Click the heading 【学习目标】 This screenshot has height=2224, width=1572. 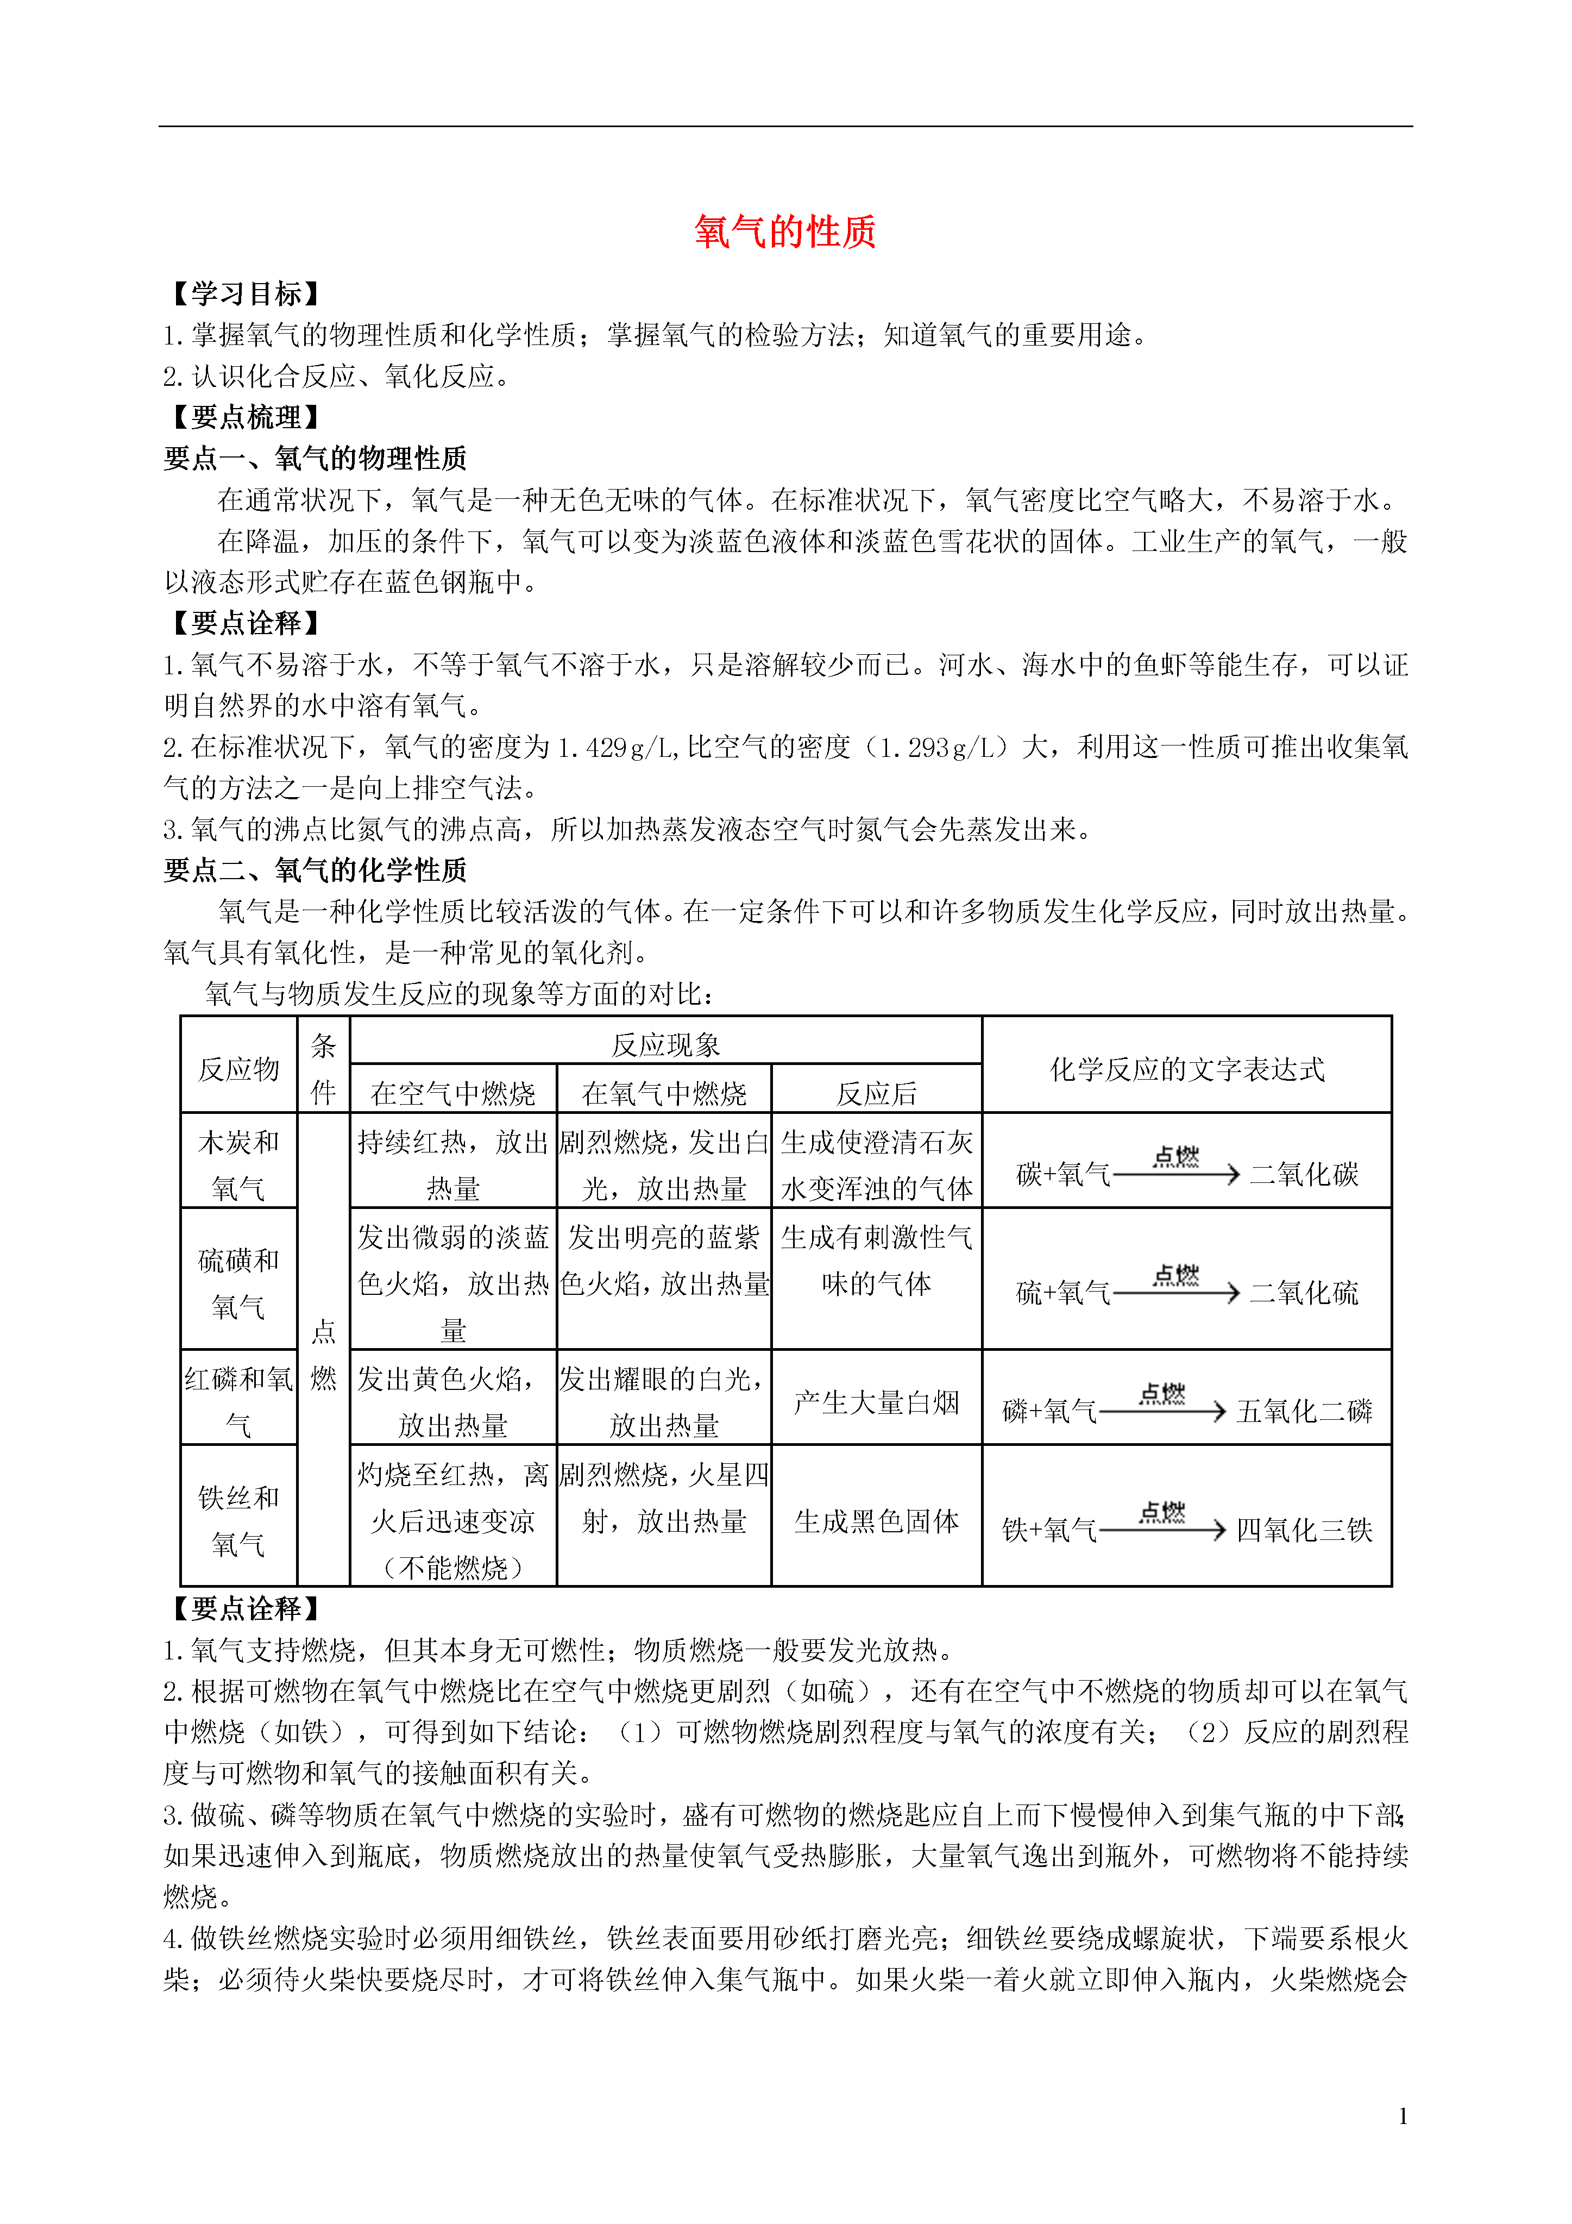[245, 293]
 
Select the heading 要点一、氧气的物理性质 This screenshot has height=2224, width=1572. [316, 458]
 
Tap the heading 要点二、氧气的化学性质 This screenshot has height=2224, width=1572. [316, 870]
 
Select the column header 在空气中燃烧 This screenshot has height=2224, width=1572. [453, 1094]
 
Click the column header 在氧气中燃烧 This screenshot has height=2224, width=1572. [664, 1094]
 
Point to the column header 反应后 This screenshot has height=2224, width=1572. [877, 1094]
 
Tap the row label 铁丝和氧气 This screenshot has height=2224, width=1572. [238, 1521]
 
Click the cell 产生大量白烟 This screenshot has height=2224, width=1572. [877, 1402]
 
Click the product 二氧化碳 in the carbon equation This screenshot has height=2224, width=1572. [1304, 1175]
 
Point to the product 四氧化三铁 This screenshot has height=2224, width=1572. [1304, 1531]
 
